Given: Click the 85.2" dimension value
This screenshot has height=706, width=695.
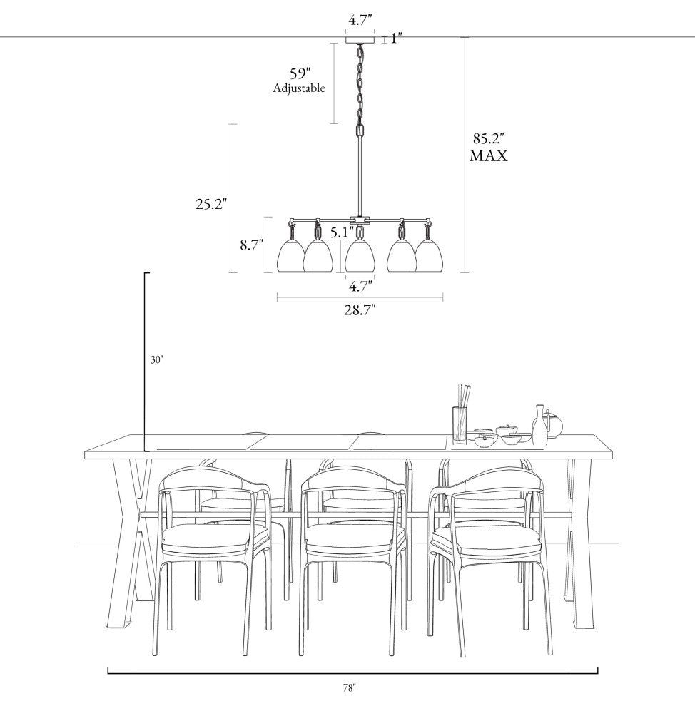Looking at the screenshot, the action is pyautogui.click(x=488, y=138).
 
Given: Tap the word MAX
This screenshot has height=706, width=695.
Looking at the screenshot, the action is pyautogui.click(x=488, y=155).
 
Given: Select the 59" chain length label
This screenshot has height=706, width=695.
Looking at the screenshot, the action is pyautogui.click(x=300, y=73).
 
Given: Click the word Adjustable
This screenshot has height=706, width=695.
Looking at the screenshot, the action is pyautogui.click(x=299, y=88).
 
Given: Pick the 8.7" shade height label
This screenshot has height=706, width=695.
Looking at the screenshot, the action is pyautogui.click(x=251, y=245).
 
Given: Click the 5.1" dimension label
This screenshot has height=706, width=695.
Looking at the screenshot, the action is pyautogui.click(x=343, y=232).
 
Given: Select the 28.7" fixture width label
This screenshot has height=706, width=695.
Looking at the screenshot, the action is pyautogui.click(x=360, y=309).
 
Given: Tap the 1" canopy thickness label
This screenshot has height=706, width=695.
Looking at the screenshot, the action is pyautogui.click(x=396, y=39).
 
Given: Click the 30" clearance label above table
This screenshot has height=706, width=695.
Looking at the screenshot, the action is pyautogui.click(x=156, y=359).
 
